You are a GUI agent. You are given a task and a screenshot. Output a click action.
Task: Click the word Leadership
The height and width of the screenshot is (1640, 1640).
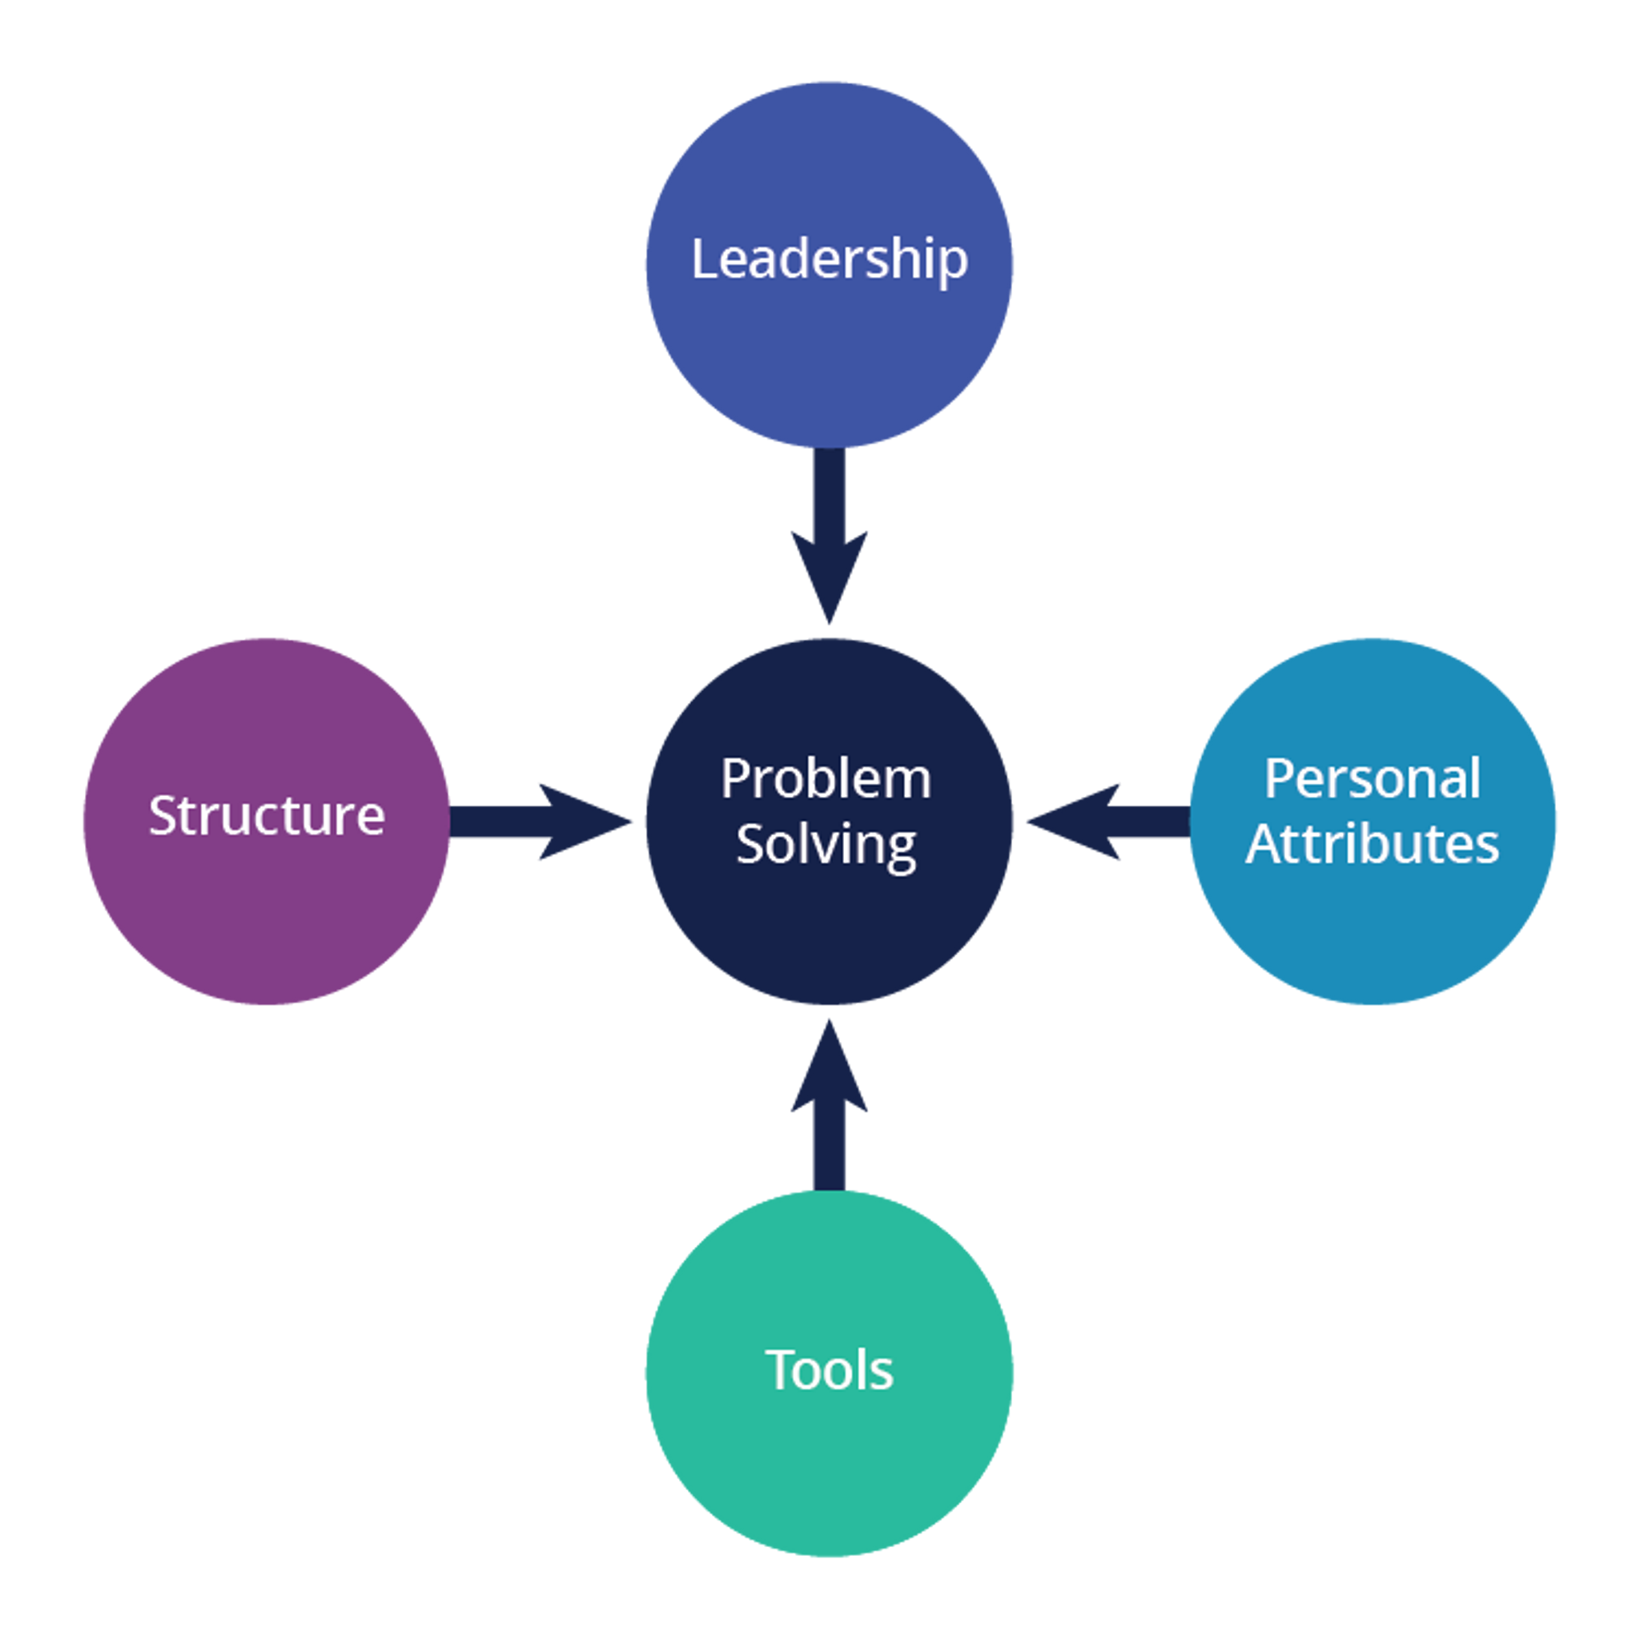[830, 259]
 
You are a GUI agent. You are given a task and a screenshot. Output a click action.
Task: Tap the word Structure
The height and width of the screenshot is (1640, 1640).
[267, 816]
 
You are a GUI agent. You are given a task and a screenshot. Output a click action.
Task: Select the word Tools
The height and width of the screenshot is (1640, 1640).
[830, 1369]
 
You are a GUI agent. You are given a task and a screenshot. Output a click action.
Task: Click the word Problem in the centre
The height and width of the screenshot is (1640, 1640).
[826, 778]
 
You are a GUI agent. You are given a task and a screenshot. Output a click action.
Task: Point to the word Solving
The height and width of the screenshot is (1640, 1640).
[826, 846]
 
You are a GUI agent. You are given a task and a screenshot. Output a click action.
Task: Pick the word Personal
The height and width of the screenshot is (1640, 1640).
[1373, 778]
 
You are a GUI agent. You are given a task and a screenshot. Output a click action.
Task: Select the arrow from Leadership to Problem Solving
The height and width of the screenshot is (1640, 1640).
[830, 536]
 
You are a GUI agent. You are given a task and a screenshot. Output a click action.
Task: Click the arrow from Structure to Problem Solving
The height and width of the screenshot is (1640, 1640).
[541, 822]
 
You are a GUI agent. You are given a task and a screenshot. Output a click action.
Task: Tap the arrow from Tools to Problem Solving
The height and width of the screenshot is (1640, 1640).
[830, 1105]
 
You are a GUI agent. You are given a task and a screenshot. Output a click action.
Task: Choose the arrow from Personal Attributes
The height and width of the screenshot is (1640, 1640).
[1108, 822]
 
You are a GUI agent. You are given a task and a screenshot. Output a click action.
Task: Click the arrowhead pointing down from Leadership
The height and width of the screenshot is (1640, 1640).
[830, 578]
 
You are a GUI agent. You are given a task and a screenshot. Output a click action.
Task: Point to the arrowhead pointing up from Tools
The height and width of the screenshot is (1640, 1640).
[830, 1065]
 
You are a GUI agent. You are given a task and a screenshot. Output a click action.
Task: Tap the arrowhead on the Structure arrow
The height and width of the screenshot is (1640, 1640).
[585, 822]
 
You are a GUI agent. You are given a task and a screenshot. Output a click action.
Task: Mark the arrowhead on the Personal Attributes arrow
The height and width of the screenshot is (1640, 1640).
[1073, 822]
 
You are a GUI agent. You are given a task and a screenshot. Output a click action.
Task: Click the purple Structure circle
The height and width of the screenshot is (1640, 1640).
[267, 822]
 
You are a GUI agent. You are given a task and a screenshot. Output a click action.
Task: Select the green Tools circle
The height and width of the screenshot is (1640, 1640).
[830, 1373]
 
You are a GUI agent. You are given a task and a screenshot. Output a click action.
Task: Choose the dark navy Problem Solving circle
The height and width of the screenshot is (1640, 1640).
[830, 822]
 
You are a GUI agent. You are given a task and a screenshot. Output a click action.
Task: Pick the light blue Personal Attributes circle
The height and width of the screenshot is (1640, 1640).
[1373, 822]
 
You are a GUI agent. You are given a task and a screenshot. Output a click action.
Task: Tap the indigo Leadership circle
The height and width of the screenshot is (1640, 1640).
[830, 265]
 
